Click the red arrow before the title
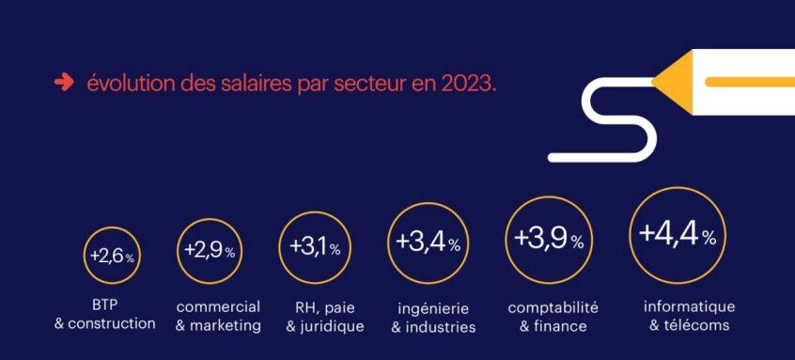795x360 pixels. click(64, 83)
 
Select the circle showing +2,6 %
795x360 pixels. click(112, 256)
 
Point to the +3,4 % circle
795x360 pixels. click(428, 243)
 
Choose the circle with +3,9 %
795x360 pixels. click(548, 241)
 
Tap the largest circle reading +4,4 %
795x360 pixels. click(677, 235)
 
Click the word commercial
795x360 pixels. click(218, 307)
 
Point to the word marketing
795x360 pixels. click(226, 325)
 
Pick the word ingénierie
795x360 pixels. click(433, 309)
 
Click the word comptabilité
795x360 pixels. click(553, 307)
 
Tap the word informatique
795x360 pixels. click(689, 306)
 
